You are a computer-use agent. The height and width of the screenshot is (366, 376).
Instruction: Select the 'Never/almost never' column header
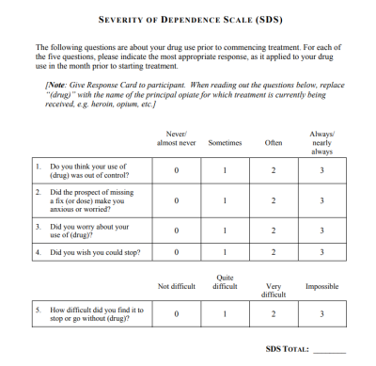(176, 139)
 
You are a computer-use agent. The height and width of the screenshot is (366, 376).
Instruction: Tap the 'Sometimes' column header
(224, 143)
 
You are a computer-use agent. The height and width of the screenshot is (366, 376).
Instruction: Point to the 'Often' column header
(273, 143)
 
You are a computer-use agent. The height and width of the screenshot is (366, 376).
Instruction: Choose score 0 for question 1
(176, 170)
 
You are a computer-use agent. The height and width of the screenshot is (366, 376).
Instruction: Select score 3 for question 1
(321, 170)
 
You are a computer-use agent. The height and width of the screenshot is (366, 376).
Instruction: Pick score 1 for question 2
(224, 200)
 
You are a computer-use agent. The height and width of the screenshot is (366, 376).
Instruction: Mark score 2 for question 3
(273, 231)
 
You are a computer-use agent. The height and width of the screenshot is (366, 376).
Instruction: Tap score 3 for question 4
(321, 252)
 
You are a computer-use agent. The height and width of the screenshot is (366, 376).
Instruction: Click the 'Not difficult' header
(176, 286)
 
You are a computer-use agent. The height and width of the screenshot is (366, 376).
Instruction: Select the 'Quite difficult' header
(224, 282)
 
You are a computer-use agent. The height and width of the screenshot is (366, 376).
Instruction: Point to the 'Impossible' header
(321, 286)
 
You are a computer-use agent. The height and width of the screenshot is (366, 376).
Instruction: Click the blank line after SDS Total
(329, 350)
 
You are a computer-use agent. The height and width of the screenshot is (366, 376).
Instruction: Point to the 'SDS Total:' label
(288, 349)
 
